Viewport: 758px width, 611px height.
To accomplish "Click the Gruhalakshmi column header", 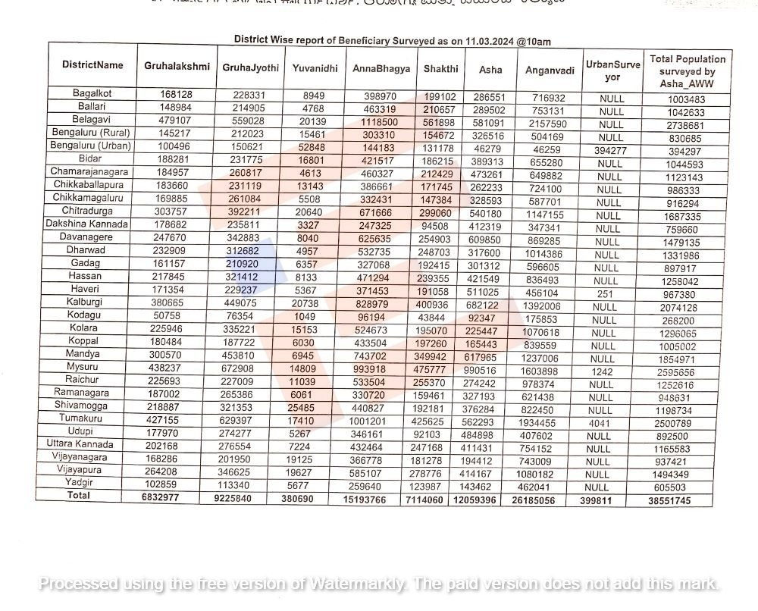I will click(x=177, y=66).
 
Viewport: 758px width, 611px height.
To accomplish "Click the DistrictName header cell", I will click(x=92, y=64).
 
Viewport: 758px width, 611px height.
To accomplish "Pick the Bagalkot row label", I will click(x=92, y=93).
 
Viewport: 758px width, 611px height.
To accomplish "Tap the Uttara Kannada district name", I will click(x=80, y=444).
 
